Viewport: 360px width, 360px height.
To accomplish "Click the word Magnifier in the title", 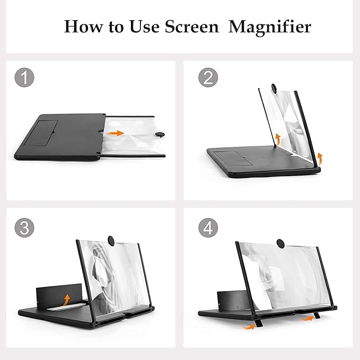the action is pyautogui.click(x=270, y=27).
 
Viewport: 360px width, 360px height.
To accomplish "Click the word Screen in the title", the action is pyautogui.click(x=192, y=27).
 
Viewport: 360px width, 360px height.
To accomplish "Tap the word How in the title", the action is pyautogui.click(x=84, y=27).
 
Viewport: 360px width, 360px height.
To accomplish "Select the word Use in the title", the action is pyautogui.click(x=144, y=27).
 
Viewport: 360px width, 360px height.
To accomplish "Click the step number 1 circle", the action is pyautogui.click(x=24, y=77).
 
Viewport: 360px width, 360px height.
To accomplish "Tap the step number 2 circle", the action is pyautogui.click(x=208, y=77).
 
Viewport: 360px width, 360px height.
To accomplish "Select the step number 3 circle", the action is pyautogui.click(x=24, y=228).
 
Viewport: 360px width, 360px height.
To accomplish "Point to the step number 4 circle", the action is pyautogui.click(x=208, y=228).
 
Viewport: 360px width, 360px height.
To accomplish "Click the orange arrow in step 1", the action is pyautogui.click(x=116, y=133).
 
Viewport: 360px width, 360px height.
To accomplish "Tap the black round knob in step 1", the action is pyautogui.click(x=160, y=134).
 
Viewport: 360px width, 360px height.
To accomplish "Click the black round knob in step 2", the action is pyautogui.click(x=274, y=88).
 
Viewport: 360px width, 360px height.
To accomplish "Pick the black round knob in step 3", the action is pyautogui.click(x=111, y=241).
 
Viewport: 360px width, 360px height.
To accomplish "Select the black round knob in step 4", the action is pyautogui.click(x=280, y=243).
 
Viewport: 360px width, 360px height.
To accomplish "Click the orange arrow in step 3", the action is pyautogui.click(x=66, y=300).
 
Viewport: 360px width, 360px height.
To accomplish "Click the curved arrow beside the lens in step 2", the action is pyautogui.click(x=278, y=139).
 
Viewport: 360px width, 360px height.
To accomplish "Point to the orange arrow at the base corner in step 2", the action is pyautogui.click(x=319, y=158).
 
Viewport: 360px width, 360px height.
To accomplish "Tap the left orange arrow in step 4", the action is pyautogui.click(x=249, y=327).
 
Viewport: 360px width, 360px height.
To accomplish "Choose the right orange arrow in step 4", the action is pyautogui.click(x=307, y=319).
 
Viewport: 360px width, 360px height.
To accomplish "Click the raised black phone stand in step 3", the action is pyautogui.click(x=59, y=295).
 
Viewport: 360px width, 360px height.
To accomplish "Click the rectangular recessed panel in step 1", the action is pyautogui.click(x=41, y=133).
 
